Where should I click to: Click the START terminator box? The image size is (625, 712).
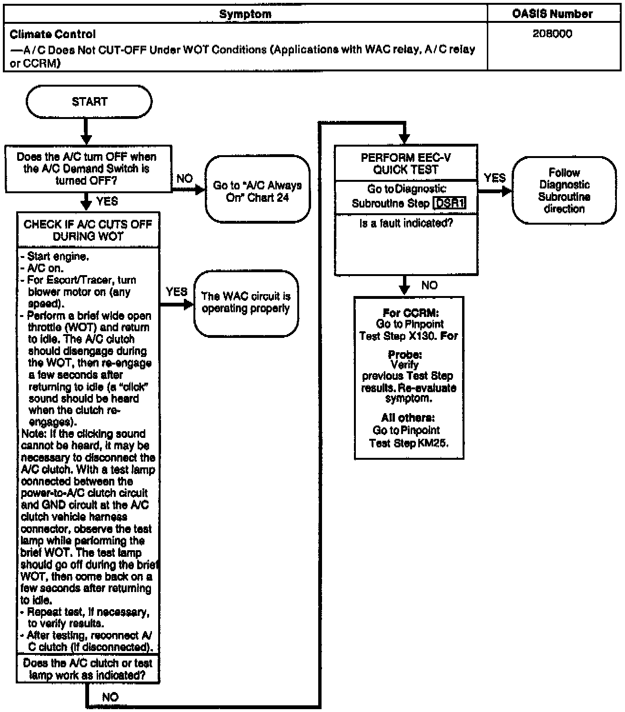click(89, 101)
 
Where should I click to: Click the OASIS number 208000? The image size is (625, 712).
click(553, 34)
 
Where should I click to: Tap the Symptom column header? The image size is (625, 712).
click(245, 14)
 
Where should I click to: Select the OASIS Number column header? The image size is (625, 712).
click(553, 14)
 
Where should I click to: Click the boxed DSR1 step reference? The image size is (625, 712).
click(449, 203)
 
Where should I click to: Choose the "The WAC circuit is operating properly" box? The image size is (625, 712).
click(246, 303)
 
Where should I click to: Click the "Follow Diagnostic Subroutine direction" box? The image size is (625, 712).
click(564, 190)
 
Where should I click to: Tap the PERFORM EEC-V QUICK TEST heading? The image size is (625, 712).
click(406, 163)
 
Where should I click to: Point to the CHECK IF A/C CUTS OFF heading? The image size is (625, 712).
click(88, 230)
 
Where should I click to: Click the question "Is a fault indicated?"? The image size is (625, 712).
click(406, 223)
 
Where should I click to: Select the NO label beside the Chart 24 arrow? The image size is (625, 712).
click(184, 178)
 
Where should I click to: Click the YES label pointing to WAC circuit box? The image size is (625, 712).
click(176, 291)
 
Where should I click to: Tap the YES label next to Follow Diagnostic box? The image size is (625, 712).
click(494, 178)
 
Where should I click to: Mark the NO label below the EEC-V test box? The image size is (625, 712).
click(429, 285)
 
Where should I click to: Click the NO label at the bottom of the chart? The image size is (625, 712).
click(110, 697)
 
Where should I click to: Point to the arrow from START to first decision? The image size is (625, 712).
click(86, 131)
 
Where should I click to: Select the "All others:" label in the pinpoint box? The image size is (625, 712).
click(408, 418)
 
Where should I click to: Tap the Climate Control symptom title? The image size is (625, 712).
click(53, 34)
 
